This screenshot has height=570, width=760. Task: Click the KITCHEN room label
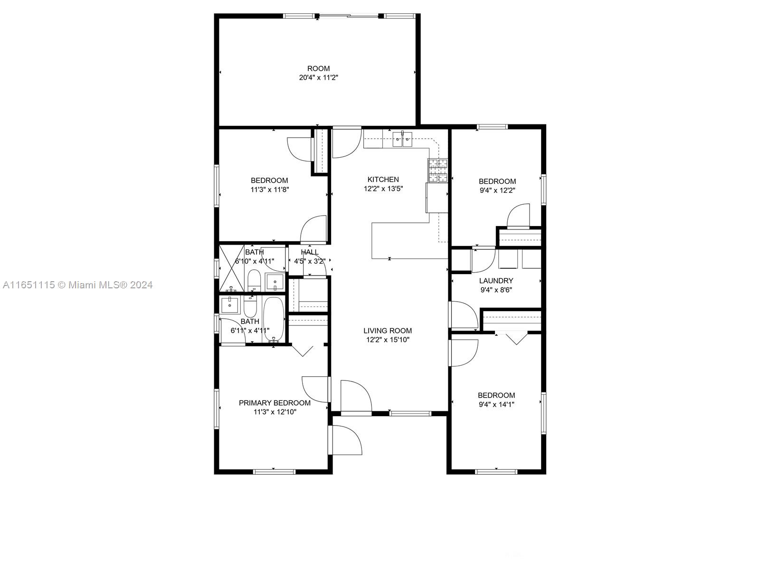pos(383,179)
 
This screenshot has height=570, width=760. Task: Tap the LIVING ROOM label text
pos(388,331)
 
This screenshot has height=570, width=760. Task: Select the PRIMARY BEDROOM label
pos(275,403)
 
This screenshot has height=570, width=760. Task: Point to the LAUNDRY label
pos(496,281)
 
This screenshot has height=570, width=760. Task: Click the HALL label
pos(310,252)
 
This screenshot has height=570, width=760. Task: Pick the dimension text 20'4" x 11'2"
pos(319,77)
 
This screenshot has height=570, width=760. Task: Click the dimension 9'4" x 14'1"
pos(496,404)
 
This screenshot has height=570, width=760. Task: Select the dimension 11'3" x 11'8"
pos(270,190)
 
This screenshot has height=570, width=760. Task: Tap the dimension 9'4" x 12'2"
pos(497,190)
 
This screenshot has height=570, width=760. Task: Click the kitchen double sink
pos(402,140)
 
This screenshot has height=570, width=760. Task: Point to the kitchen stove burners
pos(438,171)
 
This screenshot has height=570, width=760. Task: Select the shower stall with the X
pos(232,268)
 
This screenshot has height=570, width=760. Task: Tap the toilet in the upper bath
pos(254,280)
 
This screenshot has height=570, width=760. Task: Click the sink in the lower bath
pos(229,304)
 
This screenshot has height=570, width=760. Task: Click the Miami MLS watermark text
pos(77,285)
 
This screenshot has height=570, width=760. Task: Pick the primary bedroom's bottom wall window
pos(274,472)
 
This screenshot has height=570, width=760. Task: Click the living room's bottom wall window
pos(410,413)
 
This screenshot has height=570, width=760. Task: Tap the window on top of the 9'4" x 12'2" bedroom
pos(492,127)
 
